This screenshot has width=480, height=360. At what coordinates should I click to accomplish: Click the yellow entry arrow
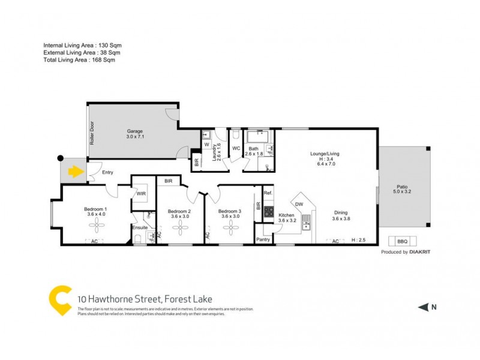click(x=75, y=173)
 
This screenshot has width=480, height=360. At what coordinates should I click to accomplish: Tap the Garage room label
click(x=134, y=131)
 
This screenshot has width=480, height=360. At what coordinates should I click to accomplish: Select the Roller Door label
click(x=92, y=134)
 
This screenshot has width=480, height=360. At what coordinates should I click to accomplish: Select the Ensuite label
click(x=140, y=228)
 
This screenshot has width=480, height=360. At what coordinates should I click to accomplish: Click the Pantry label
click(x=263, y=239)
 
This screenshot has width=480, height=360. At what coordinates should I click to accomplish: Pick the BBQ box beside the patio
click(x=402, y=241)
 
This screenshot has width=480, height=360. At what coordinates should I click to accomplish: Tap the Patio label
click(x=403, y=187)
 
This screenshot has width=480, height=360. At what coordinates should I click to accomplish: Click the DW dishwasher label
click(x=299, y=204)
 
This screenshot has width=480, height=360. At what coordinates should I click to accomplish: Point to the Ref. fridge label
click(x=268, y=193)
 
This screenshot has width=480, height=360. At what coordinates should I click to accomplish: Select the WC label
click(x=236, y=148)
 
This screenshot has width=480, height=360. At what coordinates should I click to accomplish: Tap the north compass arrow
click(x=422, y=308)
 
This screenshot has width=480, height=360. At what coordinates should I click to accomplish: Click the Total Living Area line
click(x=79, y=60)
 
